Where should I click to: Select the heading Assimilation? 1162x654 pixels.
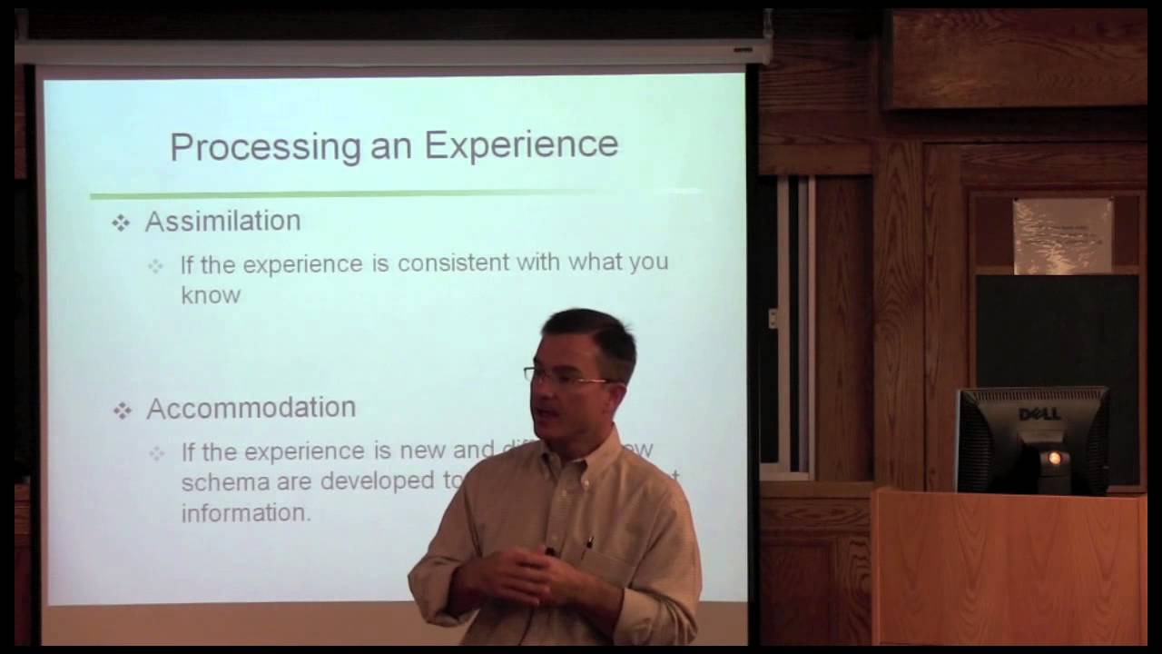pyautogui.click(x=222, y=221)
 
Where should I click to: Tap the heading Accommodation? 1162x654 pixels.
pyautogui.click(x=251, y=408)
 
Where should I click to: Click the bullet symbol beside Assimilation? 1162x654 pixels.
pyautogui.click(x=121, y=223)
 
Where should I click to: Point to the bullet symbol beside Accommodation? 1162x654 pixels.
pyautogui.click(x=122, y=411)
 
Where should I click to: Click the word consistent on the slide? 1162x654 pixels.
pyautogui.click(x=454, y=263)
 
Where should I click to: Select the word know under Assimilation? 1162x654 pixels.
pyautogui.click(x=211, y=295)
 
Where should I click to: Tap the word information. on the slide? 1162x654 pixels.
pyautogui.click(x=245, y=513)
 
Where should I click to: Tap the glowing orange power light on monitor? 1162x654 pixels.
pyautogui.click(x=1055, y=458)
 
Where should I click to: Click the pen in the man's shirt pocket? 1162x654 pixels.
pyautogui.click(x=587, y=545)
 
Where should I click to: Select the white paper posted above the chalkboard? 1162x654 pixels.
pyautogui.click(x=1062, y=235)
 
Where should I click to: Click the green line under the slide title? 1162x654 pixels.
pyautogui.click(x=363, y=193)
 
